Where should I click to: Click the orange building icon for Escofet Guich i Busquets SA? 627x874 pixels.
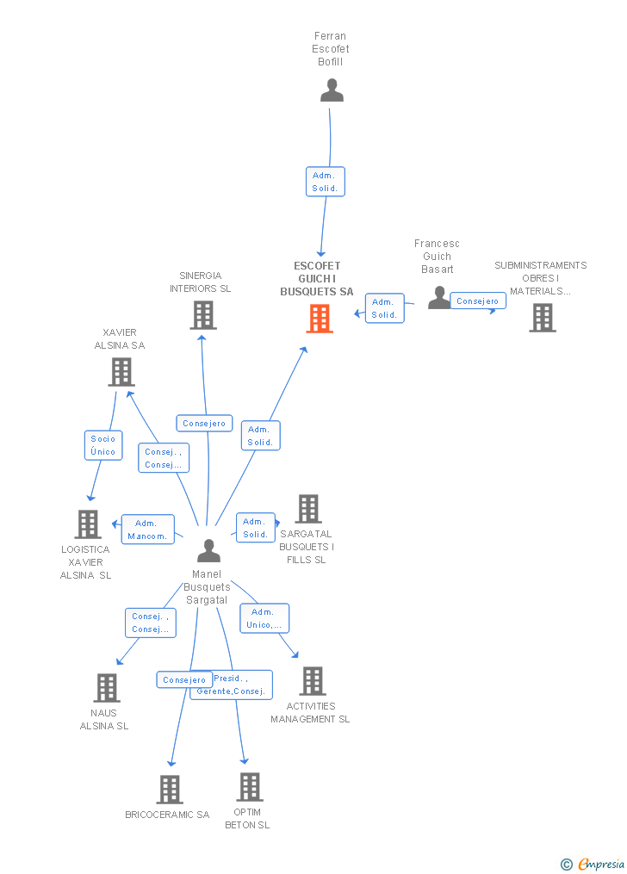click(x=320, y=319)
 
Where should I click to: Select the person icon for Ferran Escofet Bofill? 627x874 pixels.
click(x=332, y=90)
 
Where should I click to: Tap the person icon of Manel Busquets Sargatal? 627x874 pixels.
click(x=209, y=551)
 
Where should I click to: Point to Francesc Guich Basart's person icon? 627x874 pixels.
click(x=438, y=298)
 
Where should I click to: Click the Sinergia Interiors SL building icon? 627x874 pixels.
click(x=203, y=315)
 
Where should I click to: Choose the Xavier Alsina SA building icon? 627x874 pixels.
click(x=121, y=372)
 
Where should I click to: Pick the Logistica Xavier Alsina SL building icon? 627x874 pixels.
click(x=88, y=524)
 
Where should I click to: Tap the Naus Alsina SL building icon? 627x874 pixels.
click(x=107, y=688)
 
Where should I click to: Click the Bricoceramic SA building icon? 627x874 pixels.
click(x=170, y=790)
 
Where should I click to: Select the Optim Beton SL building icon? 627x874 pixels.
click(x=250, y=786)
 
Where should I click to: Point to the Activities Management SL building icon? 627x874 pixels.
click(x=313, y=680)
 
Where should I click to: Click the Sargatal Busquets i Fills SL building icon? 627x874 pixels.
click(x=308, y=508)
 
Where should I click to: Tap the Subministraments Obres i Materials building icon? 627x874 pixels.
click(x=543, y=318)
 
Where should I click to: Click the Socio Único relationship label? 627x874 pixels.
click(x=103, y=445)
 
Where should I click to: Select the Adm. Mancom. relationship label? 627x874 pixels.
click(x=147, y=530)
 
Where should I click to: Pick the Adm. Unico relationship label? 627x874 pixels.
click(x=264, y=619)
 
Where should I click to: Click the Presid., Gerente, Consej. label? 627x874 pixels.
click(x=232, y=685)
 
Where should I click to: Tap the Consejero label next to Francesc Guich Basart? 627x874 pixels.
click(x=478, y=301)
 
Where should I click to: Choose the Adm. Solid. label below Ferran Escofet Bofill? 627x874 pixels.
click(x=326, y=182)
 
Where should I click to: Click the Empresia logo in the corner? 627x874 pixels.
click(x=593, y=864)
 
